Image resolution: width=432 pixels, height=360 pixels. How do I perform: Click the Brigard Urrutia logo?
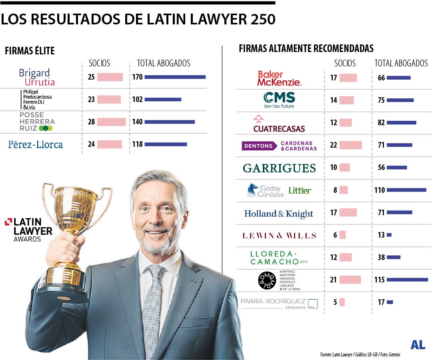coord(37,78)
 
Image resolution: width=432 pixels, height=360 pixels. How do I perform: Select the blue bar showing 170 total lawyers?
coord(175,77)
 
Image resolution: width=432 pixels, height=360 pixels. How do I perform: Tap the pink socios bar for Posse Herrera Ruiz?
coord(111,122)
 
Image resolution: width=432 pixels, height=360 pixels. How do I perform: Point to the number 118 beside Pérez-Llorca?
coord(138,144)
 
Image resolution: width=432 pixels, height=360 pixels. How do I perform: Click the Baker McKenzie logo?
coord(279,78)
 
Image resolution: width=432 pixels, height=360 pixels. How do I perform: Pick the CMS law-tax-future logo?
coord(279,100)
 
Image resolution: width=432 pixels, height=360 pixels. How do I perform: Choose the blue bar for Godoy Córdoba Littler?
coord(406,190)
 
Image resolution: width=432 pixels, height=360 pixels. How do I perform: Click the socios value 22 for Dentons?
coord(334,145)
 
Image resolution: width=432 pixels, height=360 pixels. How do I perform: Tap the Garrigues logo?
coord(279,168)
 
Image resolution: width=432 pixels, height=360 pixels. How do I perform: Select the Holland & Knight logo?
coord(279,214)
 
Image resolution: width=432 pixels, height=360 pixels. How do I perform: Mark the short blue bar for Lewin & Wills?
coord(389,235)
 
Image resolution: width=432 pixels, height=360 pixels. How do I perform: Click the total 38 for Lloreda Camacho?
coord(381,257)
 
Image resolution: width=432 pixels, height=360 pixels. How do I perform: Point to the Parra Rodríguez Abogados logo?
coord(279,303)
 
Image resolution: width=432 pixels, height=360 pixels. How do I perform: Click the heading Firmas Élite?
coord(30,51)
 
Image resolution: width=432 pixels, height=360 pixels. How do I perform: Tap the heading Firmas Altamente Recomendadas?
coord(306,49)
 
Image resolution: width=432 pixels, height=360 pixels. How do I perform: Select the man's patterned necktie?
coord(153,304)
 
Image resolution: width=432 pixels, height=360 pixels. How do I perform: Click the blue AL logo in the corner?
coord(418,345)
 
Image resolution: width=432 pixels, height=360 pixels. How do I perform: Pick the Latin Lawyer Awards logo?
coord(29,230)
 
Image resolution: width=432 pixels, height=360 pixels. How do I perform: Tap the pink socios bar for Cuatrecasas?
coord(346,123)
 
